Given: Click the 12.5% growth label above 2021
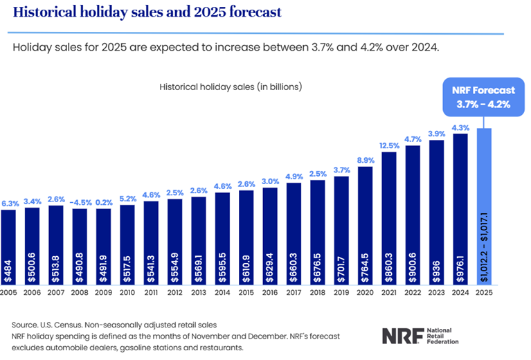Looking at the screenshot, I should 390,145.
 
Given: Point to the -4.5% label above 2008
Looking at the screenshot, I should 81,202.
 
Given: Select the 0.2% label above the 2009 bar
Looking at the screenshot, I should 105,202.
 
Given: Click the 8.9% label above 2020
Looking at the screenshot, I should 366,160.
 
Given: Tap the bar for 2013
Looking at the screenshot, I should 199,239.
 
